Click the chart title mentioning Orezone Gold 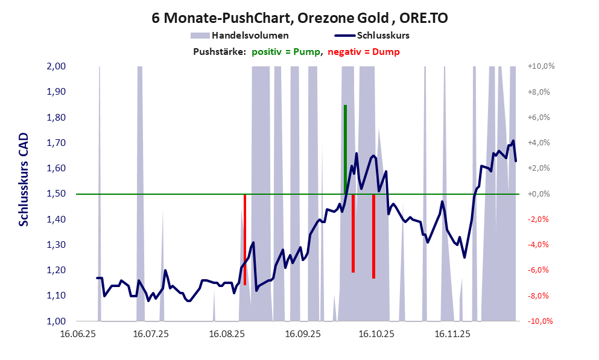click(x=299, y=18)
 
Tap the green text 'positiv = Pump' click(x=287, y=52)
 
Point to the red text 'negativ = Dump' click(x=364, y=52)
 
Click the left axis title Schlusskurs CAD click(x=24, y=179)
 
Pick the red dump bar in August click(x=244, y=239)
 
